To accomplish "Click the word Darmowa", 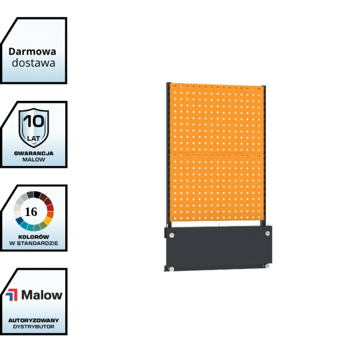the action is pos(32,52).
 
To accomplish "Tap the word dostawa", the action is pos(34,63).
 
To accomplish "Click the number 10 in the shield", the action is pos(34,121).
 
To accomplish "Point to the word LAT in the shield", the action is pos(34,138).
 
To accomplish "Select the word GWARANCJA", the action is pos(34,154).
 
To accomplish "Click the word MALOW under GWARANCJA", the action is pos(34,159).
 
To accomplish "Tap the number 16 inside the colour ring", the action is pos(31,212).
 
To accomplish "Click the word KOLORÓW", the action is pos(34,237).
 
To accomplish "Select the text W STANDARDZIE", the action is pos(34,243).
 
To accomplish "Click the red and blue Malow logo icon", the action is pos(12,295).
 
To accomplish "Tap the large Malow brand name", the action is pos(42,295).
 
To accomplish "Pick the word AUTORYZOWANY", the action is pos(34,320).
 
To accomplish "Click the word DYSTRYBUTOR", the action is pos(34,327).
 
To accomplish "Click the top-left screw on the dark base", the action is pos(171,235).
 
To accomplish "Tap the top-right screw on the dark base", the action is pos(267,233).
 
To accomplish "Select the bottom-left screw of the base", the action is pos(171,269).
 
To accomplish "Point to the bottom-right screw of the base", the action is pos(267,266).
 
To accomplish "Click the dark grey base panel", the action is pos(218,248).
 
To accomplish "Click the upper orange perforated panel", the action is pos(217,119).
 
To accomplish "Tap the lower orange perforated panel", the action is pos(217,187).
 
